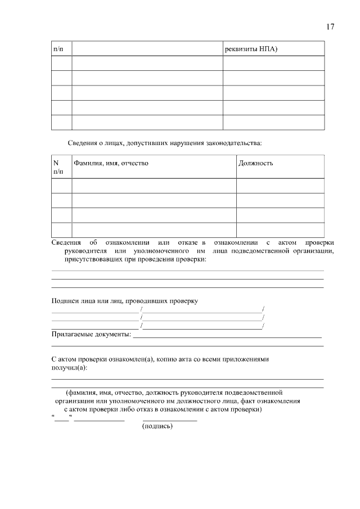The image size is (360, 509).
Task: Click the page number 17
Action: coord(330,27)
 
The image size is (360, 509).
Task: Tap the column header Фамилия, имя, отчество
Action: coord(111,163)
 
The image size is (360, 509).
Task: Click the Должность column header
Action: coord(256,163)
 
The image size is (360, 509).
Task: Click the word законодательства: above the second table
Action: coord(234,143)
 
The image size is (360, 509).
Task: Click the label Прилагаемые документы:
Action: coord(91,335)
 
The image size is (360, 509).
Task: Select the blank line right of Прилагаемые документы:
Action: coord(227,337)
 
